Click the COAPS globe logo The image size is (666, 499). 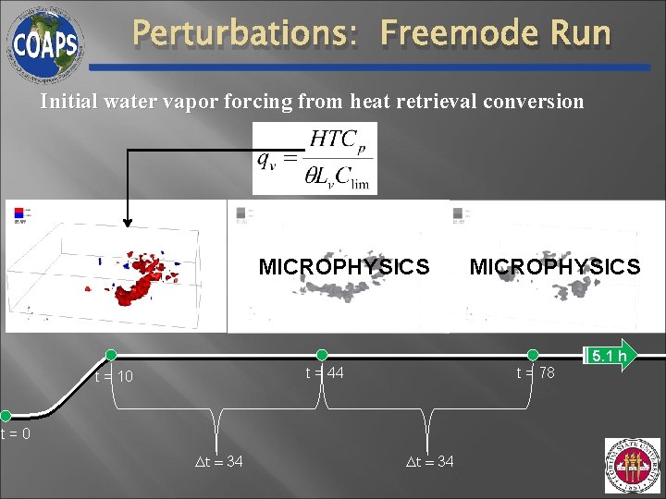click(x=43, y=41)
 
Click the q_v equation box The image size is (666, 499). click(x=314, y=159)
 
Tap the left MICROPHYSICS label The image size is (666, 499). click(x=344, y=267)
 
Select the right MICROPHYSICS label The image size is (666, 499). click(x=555, y=267)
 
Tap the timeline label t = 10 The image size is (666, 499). click(x=114, y=377)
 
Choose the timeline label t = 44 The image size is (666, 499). click(x=325, y=372)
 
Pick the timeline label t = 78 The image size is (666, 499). click(x=536, y=372)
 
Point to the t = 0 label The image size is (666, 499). click(x=15, y=433)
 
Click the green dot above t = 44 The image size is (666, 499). click(x=322, y=355)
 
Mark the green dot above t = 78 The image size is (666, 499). click(x=533, y=355)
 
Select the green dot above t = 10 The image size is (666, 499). click(x=111, y=355)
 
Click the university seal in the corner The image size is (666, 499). click(x=633, y=465)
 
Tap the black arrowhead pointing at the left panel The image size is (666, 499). click(x=128, y=220)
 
